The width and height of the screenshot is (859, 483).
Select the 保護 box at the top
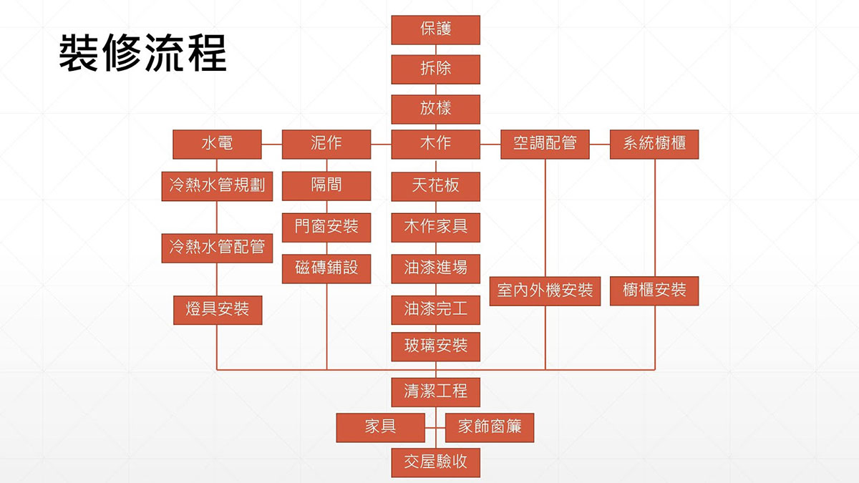(435, 30)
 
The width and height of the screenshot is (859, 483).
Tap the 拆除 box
(435, 69)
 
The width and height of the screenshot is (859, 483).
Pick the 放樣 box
(435, 109)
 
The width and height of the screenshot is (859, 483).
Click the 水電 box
(217, 144)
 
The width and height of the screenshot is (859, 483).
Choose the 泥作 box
(326, 144)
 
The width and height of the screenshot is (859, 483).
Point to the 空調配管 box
(545, 144)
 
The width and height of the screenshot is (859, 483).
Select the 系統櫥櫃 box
(654, 144)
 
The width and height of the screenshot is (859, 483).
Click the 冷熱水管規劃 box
(217, 186)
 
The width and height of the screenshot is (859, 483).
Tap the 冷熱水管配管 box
(217, 248)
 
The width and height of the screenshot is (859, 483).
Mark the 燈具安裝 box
(217, 310)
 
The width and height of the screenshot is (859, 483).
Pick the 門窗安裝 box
(326, 228)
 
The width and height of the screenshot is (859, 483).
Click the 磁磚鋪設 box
(326, 268)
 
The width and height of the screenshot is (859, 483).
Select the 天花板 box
(435, 186)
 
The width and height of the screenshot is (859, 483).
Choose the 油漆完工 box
(435, 310)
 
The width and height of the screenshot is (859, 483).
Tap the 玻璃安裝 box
(435, 346)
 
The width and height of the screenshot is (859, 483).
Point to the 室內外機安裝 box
(545, 291)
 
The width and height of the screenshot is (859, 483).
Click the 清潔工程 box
(435, 391)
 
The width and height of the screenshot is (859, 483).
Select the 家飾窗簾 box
(490, 427)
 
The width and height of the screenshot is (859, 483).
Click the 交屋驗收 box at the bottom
(435, 462)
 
